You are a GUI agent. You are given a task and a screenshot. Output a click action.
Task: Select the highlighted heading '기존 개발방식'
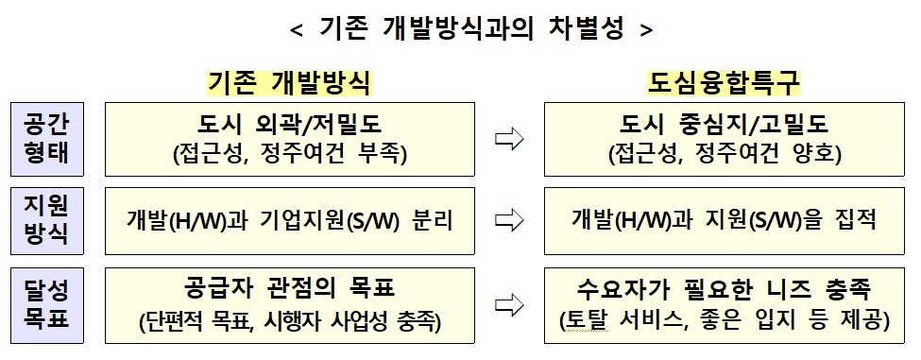click(289, 82)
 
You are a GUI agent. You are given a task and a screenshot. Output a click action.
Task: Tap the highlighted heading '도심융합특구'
click(724, 82)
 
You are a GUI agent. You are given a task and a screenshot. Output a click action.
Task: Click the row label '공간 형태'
click(45, 138)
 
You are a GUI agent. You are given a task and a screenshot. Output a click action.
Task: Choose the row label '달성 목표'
click(45, 304)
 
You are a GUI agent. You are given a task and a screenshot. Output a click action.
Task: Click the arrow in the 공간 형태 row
click(509, 139)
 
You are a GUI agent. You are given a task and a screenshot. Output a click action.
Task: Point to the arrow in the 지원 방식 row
click(509, 221)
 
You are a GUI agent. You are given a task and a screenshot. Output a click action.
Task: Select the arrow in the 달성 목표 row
click(509, 304)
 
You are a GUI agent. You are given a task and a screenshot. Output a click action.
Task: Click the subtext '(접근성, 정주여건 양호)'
click(725, 153)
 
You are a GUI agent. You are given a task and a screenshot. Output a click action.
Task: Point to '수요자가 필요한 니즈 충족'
click(725, 288)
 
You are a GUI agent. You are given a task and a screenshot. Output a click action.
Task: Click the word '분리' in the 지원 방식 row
click(433, 221)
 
